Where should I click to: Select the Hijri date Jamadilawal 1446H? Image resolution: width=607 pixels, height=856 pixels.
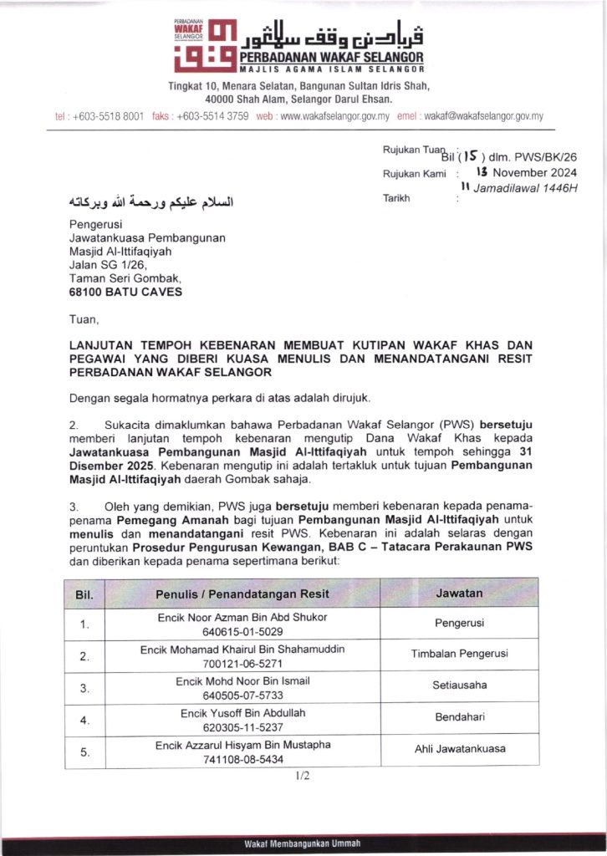pos(525,188)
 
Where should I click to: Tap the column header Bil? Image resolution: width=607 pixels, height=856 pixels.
pos(84,595)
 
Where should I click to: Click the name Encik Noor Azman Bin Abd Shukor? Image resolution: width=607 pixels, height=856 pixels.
pos(242,617)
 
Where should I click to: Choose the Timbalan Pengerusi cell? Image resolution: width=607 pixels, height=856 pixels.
pos(459,654)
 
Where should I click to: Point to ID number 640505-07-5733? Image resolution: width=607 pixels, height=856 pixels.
pos(242,695)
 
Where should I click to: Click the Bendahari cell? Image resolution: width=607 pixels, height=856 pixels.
pos(459,717)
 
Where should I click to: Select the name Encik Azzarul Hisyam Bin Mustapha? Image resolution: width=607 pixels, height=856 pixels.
pos(242,745)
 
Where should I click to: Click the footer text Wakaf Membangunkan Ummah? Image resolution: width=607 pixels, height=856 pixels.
pos(303,843)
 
